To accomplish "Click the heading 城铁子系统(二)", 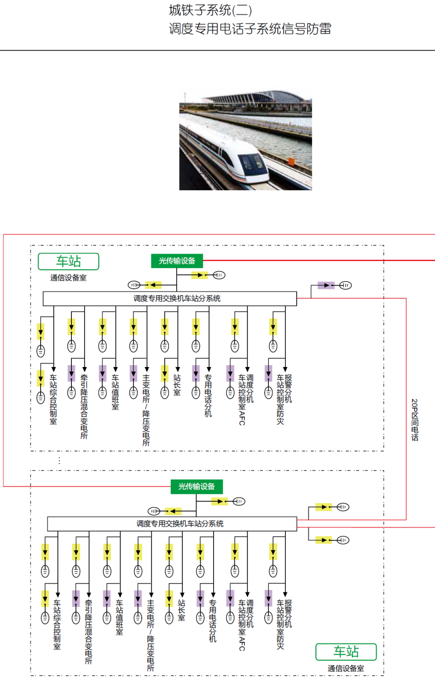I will point(210,10).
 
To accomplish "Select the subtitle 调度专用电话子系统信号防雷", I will point(250,29).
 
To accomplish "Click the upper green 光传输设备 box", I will point(177,261).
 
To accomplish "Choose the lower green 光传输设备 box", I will point(196,486).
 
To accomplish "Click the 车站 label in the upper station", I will point(69,261).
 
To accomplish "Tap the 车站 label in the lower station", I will point(346,651).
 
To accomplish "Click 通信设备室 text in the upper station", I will point(68,278).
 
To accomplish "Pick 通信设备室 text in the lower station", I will point(346,668).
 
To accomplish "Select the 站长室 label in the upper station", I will point(177,385).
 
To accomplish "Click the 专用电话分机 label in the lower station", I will point(212,621).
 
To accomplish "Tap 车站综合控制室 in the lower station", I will point(57,624).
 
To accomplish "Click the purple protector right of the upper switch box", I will point(326,285).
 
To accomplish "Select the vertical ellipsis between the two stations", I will point(59,460).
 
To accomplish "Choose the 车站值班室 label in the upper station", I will point(115,392).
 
